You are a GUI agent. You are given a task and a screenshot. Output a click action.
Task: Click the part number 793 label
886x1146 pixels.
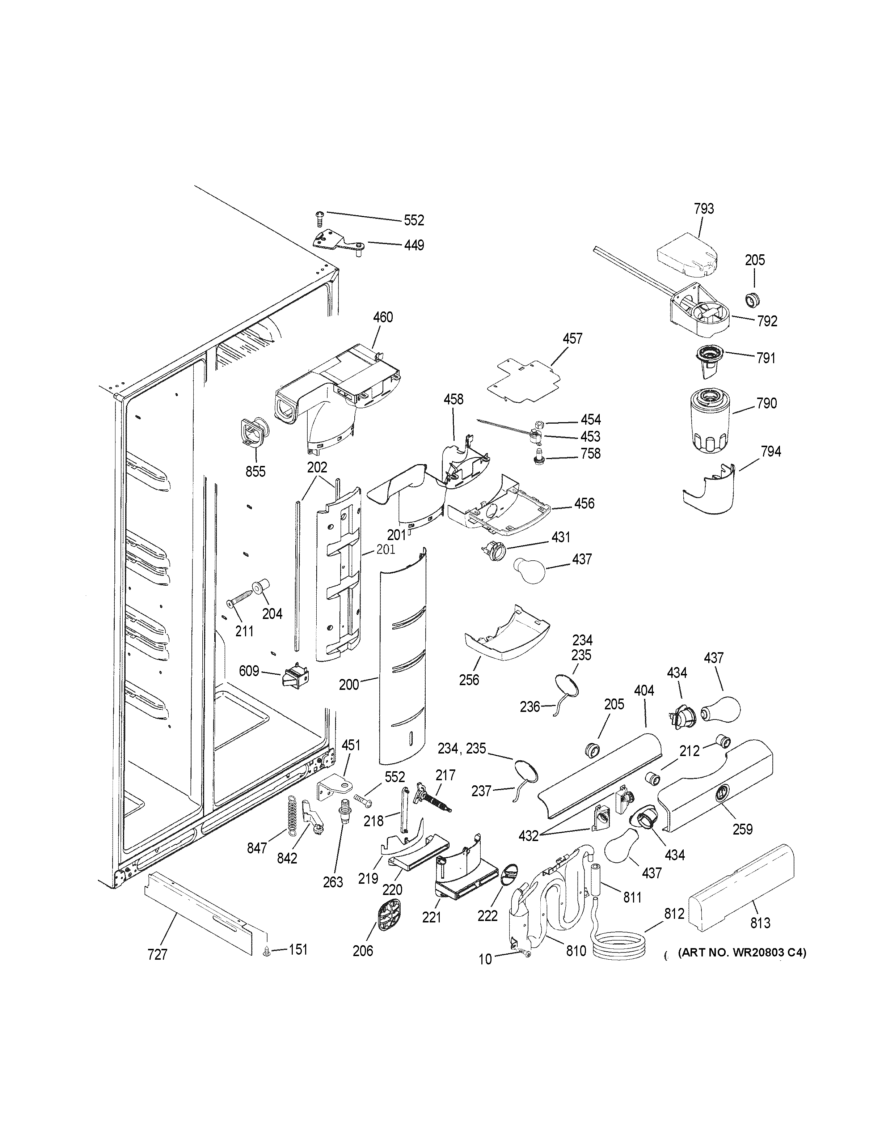704,209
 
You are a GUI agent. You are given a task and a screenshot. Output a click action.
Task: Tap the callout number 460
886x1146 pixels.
383,317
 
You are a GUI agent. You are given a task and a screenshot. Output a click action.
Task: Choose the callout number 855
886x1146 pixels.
256,471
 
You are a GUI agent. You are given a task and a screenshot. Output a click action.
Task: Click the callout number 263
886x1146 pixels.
333,882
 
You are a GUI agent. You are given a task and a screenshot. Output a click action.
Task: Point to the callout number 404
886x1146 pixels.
644,691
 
